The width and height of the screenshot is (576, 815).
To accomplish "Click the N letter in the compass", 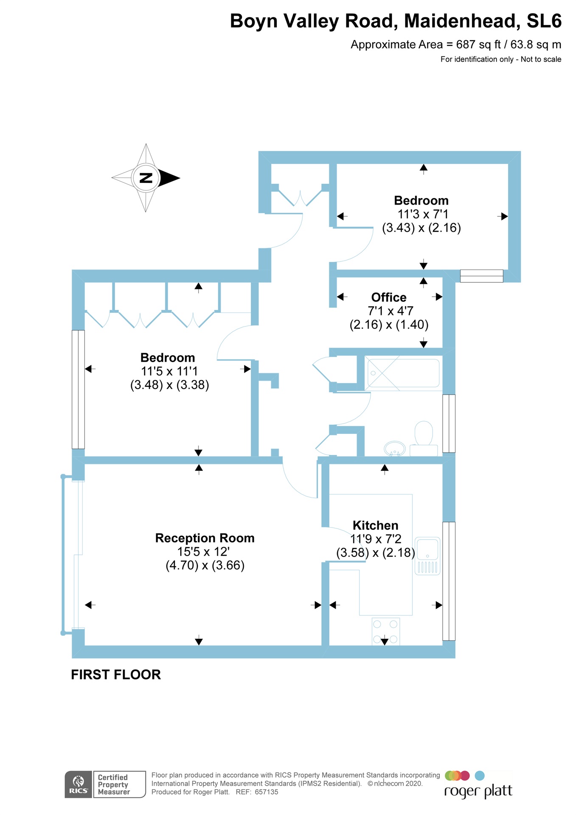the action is click(146, 178).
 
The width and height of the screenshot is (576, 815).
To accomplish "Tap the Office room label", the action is click(389, 297).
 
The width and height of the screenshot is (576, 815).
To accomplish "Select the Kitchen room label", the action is click(375, 525).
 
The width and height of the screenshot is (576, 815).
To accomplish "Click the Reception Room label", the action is click(205, 538).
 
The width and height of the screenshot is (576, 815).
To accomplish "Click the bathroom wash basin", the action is click(394, 448).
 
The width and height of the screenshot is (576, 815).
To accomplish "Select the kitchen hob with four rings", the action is click(385, 631).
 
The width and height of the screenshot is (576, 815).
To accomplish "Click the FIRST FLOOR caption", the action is click(116, 674).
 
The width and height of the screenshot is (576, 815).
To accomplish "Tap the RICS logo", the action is click(79, 784).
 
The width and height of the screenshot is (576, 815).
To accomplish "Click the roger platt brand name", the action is click(478, 791).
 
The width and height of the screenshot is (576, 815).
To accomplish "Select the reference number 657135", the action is click(266, 792).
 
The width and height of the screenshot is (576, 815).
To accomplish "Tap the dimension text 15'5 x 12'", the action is click(204, 552).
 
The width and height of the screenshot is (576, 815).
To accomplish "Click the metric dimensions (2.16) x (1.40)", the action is click(389, 325).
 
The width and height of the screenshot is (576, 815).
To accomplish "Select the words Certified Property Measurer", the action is click(113, 784).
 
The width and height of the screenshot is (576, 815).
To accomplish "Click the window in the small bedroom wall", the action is click(481, 276).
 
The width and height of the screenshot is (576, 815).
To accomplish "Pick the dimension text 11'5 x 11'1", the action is click(169, 371).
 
